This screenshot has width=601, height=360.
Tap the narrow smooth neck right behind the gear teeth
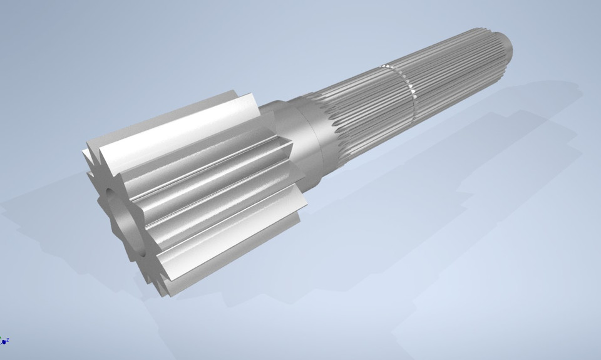point(279,109)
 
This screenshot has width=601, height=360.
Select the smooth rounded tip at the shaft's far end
point(505,43)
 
